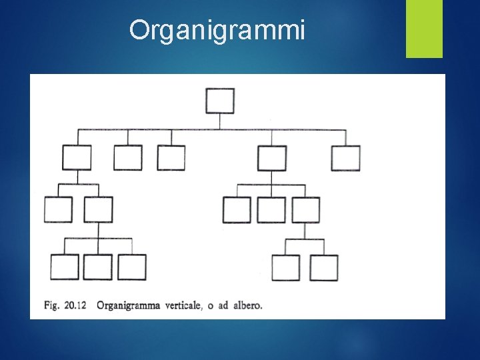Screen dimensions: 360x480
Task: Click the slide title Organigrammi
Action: tap(217, 30)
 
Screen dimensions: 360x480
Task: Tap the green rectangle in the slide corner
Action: tap(425, 28)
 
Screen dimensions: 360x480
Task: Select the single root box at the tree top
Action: tap(220, 101)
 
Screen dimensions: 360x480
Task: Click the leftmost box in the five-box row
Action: tap(77, 158)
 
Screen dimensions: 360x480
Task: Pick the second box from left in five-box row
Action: tap(128, 158)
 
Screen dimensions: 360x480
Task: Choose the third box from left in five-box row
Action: tap(171, 158)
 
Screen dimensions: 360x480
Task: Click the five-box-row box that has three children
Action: tap(272, 158)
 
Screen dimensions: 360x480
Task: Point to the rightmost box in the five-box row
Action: tap(346, 158)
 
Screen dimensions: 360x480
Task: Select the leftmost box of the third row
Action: tap(58, 209)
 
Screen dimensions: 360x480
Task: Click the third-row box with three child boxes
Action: tap(98, 209)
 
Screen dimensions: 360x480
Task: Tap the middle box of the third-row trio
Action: tap(271, 209)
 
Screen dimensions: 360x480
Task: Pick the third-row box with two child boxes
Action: tap(305, 209)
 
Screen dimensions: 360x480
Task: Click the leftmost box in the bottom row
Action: tap(65, 267)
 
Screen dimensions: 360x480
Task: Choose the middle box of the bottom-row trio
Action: tap(98, 267)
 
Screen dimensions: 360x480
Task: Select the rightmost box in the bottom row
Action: tap(324, 267)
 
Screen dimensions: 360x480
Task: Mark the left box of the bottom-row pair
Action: tap(285, 267)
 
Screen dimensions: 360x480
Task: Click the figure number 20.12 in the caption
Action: tap(79, 306)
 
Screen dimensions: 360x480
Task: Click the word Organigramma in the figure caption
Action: tap(129, 307)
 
